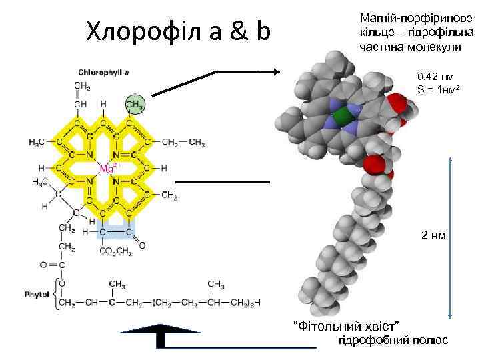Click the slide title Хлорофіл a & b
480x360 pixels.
[179, 30]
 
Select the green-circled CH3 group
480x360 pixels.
[135, 105]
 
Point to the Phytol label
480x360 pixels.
[37, 293]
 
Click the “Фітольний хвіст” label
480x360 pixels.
[347, 325]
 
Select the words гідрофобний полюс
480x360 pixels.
[393, 340]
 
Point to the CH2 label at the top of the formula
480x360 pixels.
[83, 86]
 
